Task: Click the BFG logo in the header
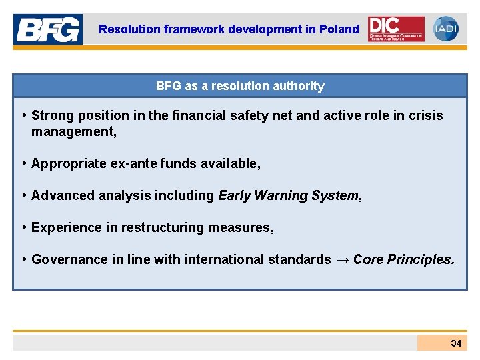tap(48, 29)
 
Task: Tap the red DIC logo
tap(396, 29)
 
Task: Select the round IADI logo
tap(445, 29)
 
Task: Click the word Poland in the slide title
tap(339, 29)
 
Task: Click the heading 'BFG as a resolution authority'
tap(240, 86)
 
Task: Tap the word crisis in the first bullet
tap(425, 116)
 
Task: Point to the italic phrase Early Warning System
tap(288, 196)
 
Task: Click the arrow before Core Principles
tap(342, 260)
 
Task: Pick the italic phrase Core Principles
tap(403, 260)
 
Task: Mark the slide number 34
tap(456, 343)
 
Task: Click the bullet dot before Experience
tap(24, 228)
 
